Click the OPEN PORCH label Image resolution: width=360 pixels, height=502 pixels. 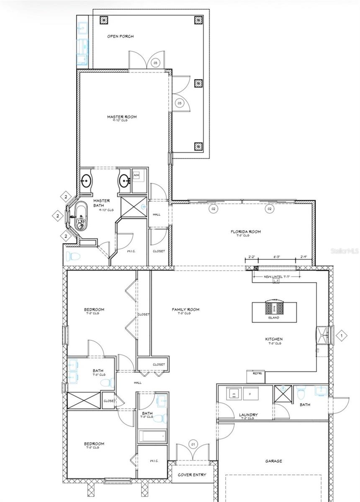(120, 36)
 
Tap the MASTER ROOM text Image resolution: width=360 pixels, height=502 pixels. (121, 117)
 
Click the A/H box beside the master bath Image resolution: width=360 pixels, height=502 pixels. (137, 175)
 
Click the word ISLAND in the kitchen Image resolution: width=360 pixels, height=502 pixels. (274, 318)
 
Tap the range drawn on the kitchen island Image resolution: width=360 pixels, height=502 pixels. (274, 308)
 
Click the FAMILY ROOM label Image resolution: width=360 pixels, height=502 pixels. (185, 310)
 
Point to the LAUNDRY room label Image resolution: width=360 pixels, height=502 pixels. (248, 415)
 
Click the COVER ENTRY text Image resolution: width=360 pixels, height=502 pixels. (192, 475)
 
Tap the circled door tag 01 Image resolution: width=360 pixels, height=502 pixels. (193, 443)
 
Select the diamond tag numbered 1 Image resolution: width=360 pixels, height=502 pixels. (341, 335)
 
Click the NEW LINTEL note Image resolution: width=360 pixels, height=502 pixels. (276, 277)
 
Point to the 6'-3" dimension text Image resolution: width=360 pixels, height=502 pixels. (277, 257)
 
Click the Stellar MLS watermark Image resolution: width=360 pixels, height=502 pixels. (345, 251)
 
